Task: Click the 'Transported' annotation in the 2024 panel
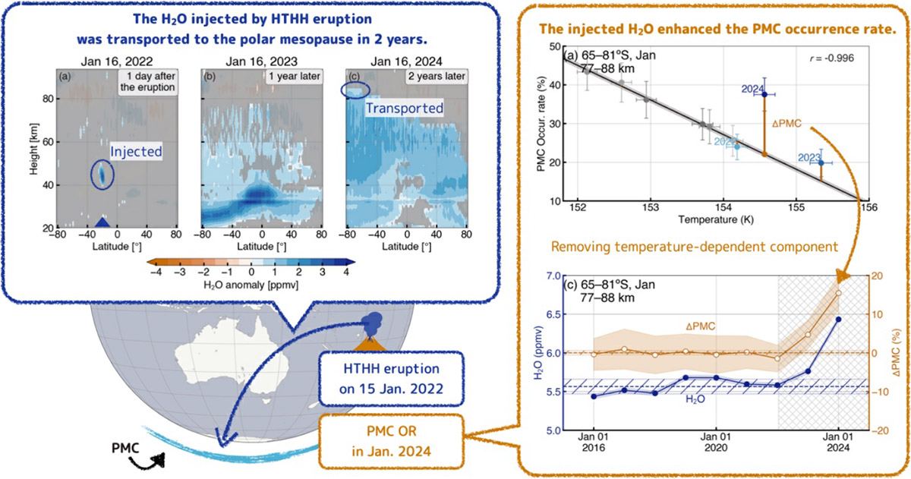(x=405, y=109)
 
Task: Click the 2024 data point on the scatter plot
(x=764, y=94)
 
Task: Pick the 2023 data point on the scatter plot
(x=821, y=162)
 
